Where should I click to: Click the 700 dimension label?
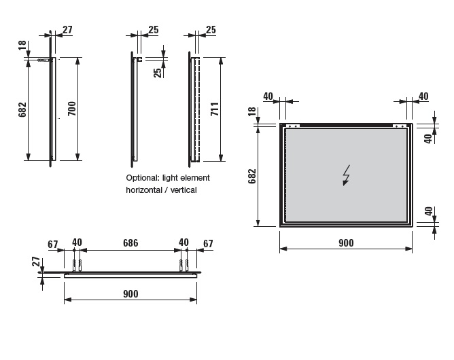[x=72, y=109]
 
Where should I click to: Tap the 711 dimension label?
[x=215, y=109]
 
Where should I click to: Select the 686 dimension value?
[x=130, y=242]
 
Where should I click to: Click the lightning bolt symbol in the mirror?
[x=346, y=175]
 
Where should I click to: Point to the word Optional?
[x=143, y=178]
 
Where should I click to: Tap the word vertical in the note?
[x=184, y=190]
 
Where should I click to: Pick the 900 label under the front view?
[x=346, y=242]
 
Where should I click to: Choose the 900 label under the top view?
[x=130, y=293]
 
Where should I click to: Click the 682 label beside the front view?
[x=252, y=176]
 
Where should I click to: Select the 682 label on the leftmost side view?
[x=22, y=109]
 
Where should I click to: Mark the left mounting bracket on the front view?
[x=293, y=126]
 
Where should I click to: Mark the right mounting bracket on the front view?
[x=400, y=126]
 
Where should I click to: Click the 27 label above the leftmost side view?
[x=67, y=29]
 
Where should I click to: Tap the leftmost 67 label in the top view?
[x=53, y=245]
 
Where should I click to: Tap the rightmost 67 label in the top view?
[x=208, y=244]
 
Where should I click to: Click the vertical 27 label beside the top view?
[x=35, y=262]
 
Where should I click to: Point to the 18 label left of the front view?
[x=252, y=111]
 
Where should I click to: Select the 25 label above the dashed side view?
[x=211, y=29]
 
